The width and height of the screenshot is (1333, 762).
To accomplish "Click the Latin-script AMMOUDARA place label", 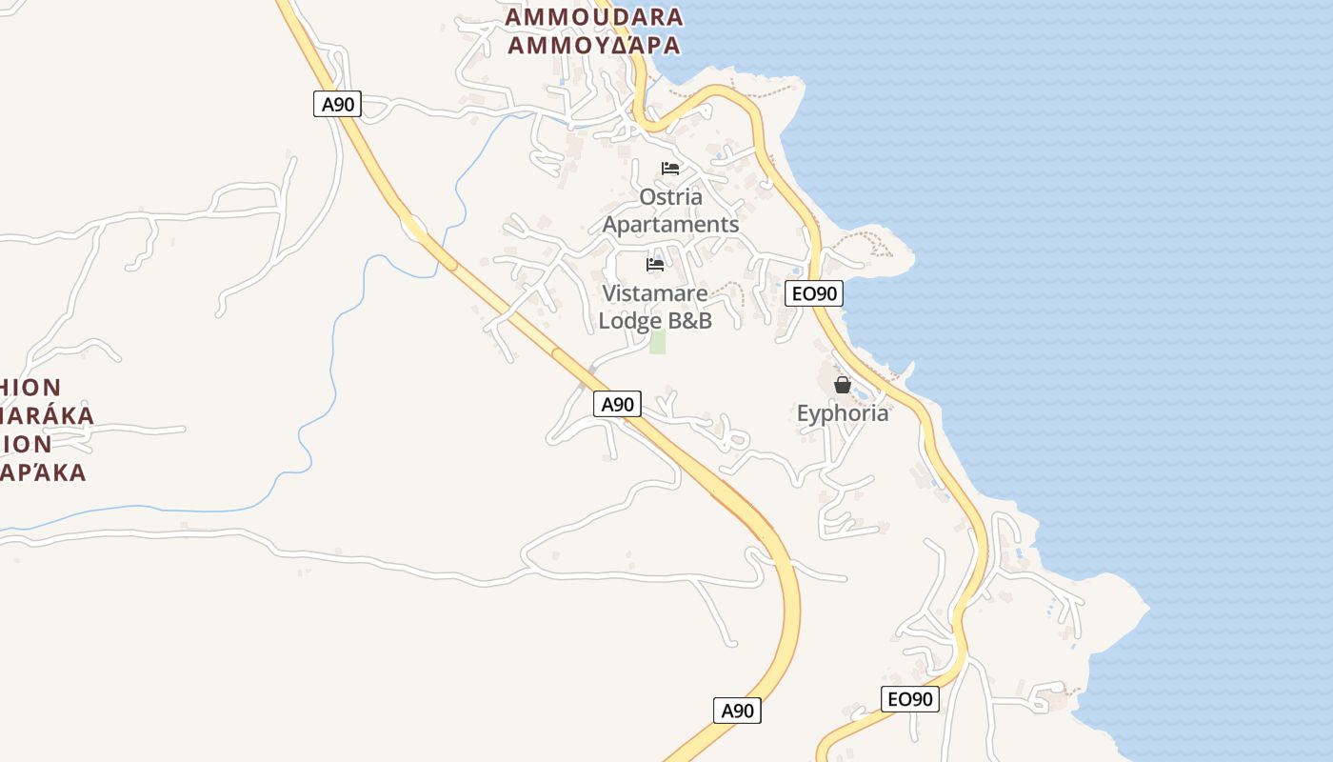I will [x=593, y=17].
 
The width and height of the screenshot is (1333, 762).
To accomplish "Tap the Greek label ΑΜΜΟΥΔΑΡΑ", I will [x=593, y=45].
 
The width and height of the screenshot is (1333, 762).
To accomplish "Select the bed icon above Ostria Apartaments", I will [x=670, y=169].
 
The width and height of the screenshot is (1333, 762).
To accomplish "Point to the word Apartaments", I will [x=671, y=225].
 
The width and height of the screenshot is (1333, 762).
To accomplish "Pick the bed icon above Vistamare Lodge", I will [x=655, y=265].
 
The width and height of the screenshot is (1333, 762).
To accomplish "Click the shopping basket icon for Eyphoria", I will [x=843, y=385].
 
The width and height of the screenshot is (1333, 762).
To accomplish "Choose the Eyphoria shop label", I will [x=843, y=413].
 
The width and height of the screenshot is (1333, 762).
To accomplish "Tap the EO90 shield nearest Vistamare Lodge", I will [x=814, y=293].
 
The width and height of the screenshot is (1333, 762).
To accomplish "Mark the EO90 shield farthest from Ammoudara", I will [x=910, y=699].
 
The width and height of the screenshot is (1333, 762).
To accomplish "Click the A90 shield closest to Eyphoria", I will [x=617, y=404].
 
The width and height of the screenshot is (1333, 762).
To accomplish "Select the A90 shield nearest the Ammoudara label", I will [x=337, y=104].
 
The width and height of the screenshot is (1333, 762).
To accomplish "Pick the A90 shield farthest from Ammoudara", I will [x=737, y=710].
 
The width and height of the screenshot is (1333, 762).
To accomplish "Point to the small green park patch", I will [x=657, y=343].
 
